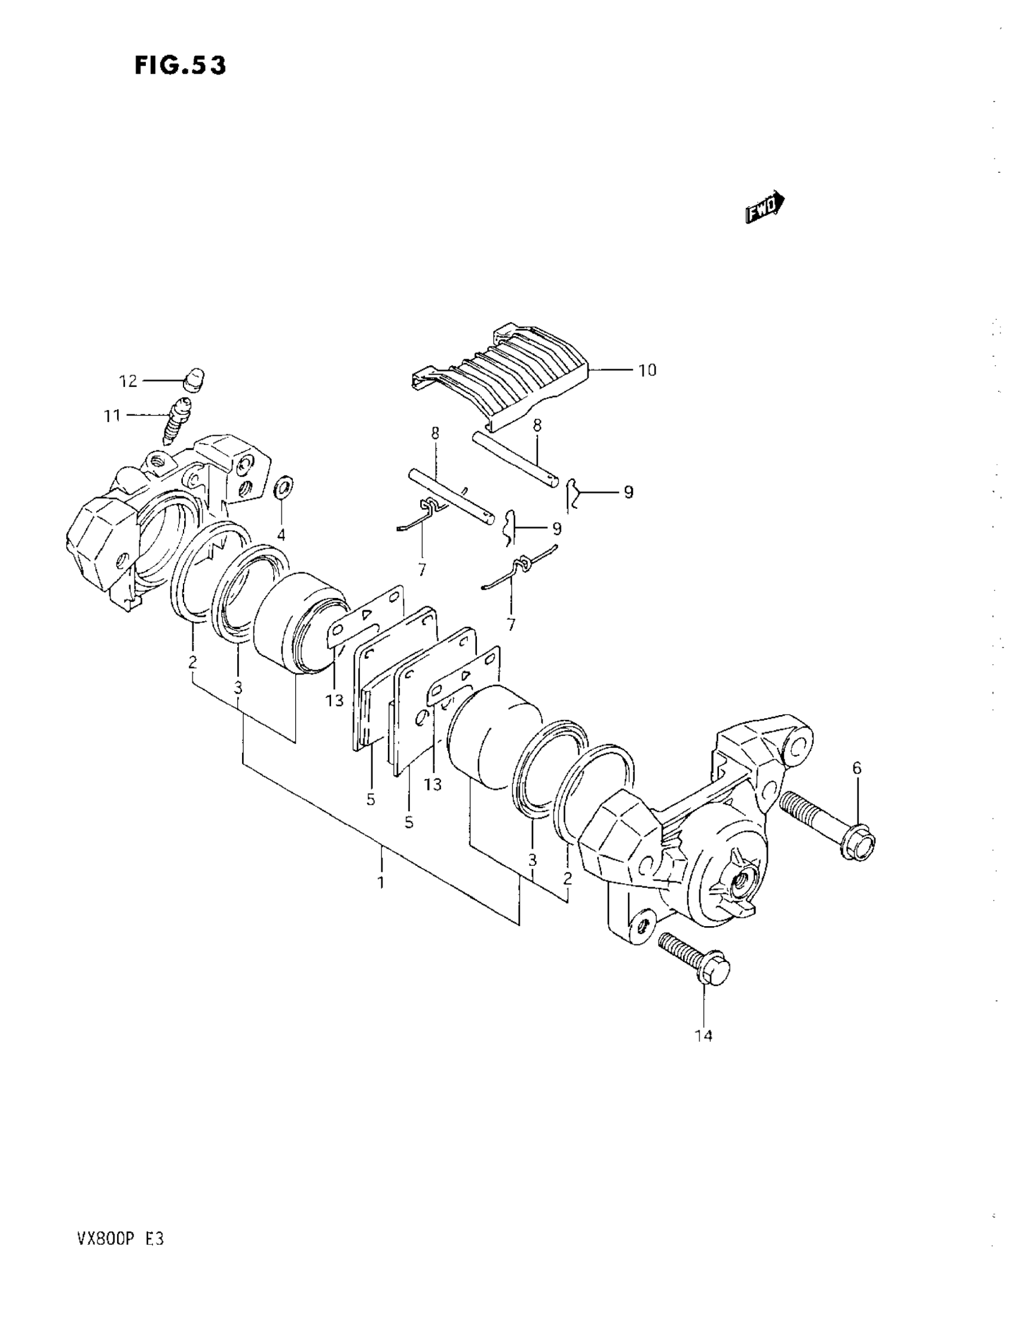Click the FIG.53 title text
coord(180,65)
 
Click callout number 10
coord(647,370)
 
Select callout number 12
coord(128,381)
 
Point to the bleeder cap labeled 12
coord(194,378)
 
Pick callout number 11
coord(112,416)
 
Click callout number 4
coord(281,535)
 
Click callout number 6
coord(856,768)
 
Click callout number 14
coord(704,1036)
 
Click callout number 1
coord(381,883)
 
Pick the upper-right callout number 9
coord(629,492)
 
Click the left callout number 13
coord(335,700)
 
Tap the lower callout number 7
coord(511,624)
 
